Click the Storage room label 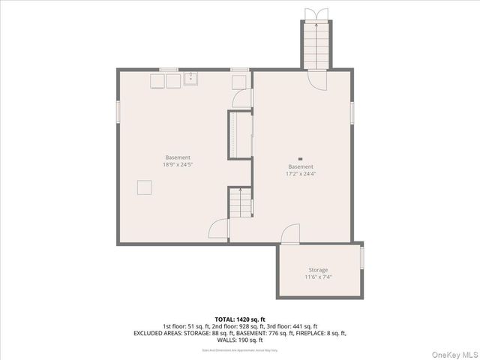(x=318, y=270)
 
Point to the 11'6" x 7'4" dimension (x=318, y=277)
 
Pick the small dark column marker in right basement (x=300, y=159)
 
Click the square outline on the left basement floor (x=144, y=187)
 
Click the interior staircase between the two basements (x=239, y=202)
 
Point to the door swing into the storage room (x=290, y=235)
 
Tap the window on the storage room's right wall (x=362, y=257)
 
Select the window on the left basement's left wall (x=118, y=109)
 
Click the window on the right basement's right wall (x=352, y=110)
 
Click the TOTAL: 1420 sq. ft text (x=239, y=319)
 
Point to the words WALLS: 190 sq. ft (x=239, y=340)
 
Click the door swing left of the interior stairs (x=220, y=229)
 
